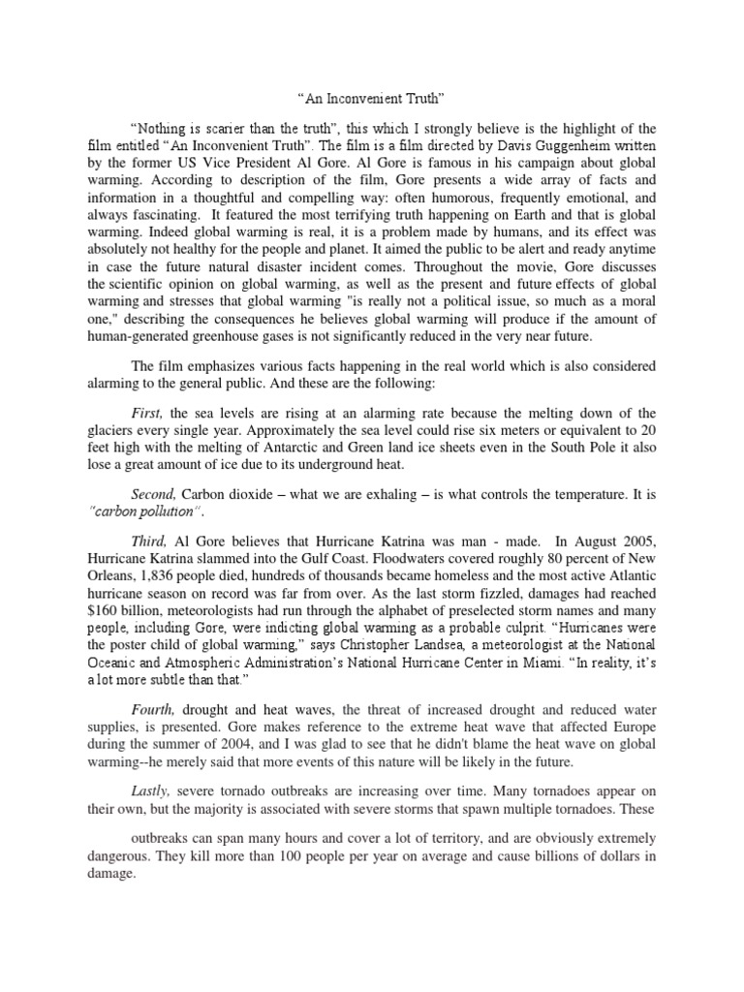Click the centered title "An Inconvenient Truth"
tap(371, 98)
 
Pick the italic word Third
tap(150, 541)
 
